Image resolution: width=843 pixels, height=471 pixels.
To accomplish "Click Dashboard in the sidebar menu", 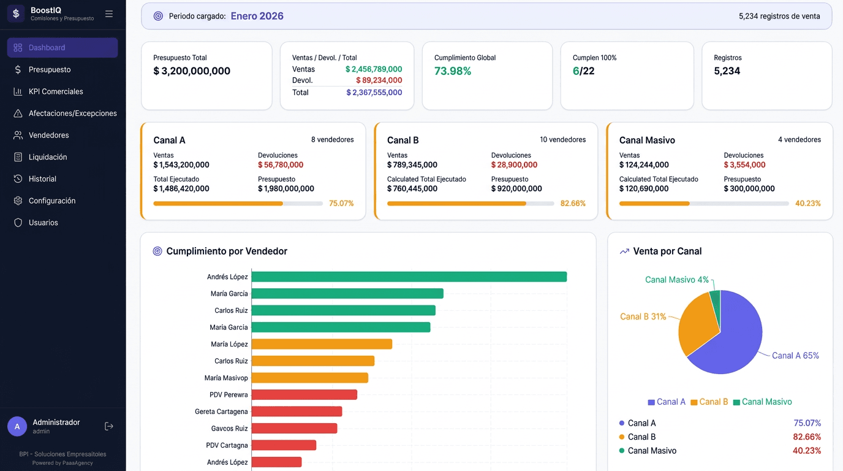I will click(x=47, y=48).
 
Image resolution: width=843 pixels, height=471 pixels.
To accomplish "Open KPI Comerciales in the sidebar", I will click(x=55, y=91).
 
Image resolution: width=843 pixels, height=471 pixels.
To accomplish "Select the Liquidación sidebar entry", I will click(x=47, y=157).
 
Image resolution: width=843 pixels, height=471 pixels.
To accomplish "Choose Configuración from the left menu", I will click(x=51, y=201).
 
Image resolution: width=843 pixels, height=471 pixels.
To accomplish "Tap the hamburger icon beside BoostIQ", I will click(x=109, y=14).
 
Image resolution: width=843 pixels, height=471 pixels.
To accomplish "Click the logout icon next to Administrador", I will click(x=109, y=426).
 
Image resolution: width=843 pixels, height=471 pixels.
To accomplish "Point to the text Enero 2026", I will click(x=257, y=16).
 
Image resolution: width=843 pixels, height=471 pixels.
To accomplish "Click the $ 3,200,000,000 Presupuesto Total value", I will click(x=192, y=71).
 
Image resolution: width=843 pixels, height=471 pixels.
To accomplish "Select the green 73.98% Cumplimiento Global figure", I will click(x=453, y=71).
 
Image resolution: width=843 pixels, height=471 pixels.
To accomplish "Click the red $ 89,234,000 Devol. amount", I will click(x=379, y=80).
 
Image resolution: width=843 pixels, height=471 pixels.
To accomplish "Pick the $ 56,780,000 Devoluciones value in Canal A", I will click(x=281, y=165).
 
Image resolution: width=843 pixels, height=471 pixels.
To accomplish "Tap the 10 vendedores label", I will click(x=562, y=140).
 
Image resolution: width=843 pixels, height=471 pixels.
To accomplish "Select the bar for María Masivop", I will click(x=309, y=378).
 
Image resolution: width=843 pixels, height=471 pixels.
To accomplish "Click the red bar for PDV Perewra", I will click(x=304, y=395).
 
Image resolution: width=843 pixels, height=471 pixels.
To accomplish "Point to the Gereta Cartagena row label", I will click(x=221, y=412).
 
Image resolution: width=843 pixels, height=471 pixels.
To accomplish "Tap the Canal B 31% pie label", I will click(x=643, y=317).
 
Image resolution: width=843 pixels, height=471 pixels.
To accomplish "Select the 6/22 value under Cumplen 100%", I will click(x=583, y=71).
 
